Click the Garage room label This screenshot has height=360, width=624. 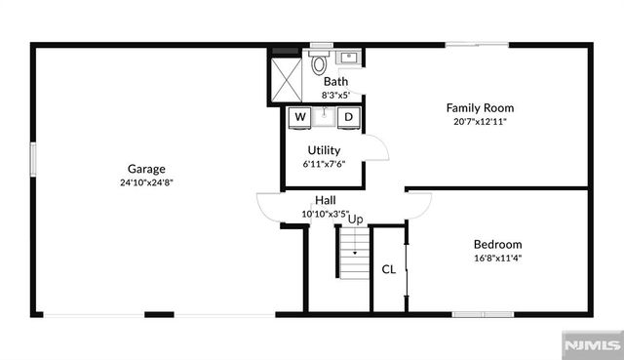tap(146, 168)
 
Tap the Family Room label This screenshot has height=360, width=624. tap(480, 107)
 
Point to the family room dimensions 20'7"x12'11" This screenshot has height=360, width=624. tap(480, 122)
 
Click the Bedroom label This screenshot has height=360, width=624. tap(497, 244)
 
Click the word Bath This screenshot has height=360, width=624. tap(335, 82)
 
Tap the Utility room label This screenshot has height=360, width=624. tap(324, 150)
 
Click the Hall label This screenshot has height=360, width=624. tap(326, 200)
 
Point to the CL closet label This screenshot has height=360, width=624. tap(388, 269)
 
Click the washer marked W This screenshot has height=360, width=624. tap(300, 117)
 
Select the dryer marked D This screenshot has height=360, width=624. tap(347, 117)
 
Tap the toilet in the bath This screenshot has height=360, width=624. tap(319, 64)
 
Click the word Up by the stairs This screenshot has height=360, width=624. tap(356, 220)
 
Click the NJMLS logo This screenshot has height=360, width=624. tap(590, 345)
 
